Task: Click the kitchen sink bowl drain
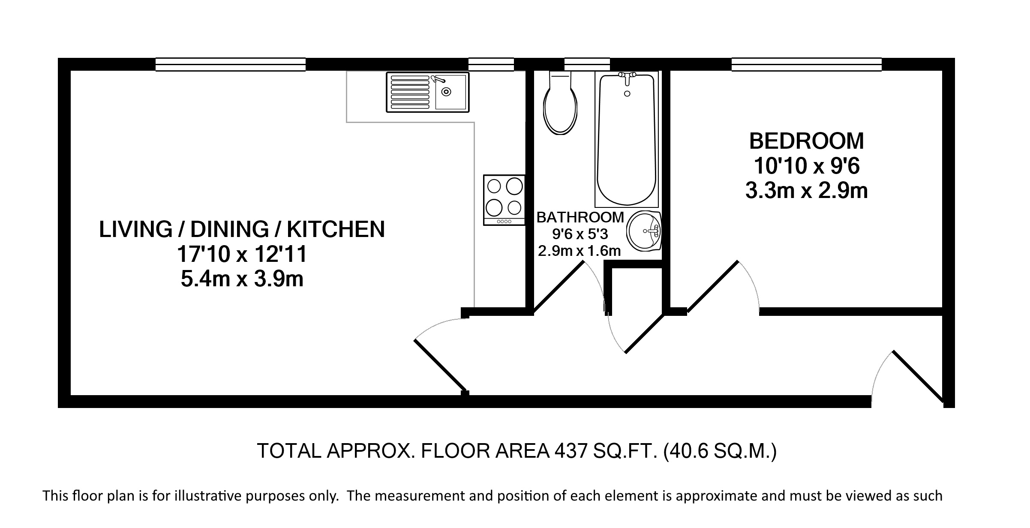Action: coord(447,91)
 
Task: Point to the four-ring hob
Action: coord(504,200)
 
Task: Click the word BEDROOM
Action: coord(806,141)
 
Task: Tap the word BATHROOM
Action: coord(580,217)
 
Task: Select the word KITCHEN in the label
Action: coord(336,229)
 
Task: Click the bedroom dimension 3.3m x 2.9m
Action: coord(806,191)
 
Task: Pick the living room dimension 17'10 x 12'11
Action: coord(242,254)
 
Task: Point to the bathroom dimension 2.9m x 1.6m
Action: coord(579,251)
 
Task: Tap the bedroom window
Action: coord(806,64)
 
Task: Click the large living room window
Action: coord(231,64)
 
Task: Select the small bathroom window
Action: coord(587,64)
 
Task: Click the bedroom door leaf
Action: coord(712,285)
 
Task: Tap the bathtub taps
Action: coord(627,78)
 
